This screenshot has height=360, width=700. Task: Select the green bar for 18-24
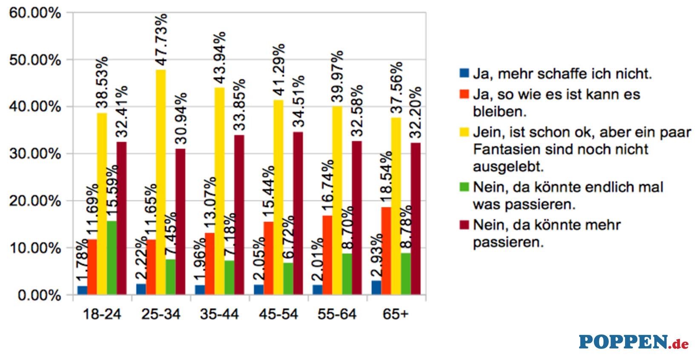[112, 257]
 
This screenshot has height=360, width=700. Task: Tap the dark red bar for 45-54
[298, 213]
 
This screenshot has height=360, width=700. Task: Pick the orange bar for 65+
[386, 251]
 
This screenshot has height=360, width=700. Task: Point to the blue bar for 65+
[376, 287]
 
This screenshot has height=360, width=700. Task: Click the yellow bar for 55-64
[337, 200]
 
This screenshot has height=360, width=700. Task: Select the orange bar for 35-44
[209, 263]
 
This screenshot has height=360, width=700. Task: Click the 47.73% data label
[161, 40]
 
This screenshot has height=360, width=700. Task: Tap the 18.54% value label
[386, 177]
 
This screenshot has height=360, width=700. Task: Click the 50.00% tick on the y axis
[35, 60]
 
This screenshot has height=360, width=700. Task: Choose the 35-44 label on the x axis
[219, 314]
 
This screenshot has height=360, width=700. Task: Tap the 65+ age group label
[396, 314]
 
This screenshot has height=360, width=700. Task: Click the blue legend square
[464, 73]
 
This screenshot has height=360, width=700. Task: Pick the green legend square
[464, 186]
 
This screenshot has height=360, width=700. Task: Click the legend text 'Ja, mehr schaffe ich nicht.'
[562, 74]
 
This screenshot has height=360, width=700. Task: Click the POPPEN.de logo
[633, 342]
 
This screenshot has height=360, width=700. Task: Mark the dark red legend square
[464, 224]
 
